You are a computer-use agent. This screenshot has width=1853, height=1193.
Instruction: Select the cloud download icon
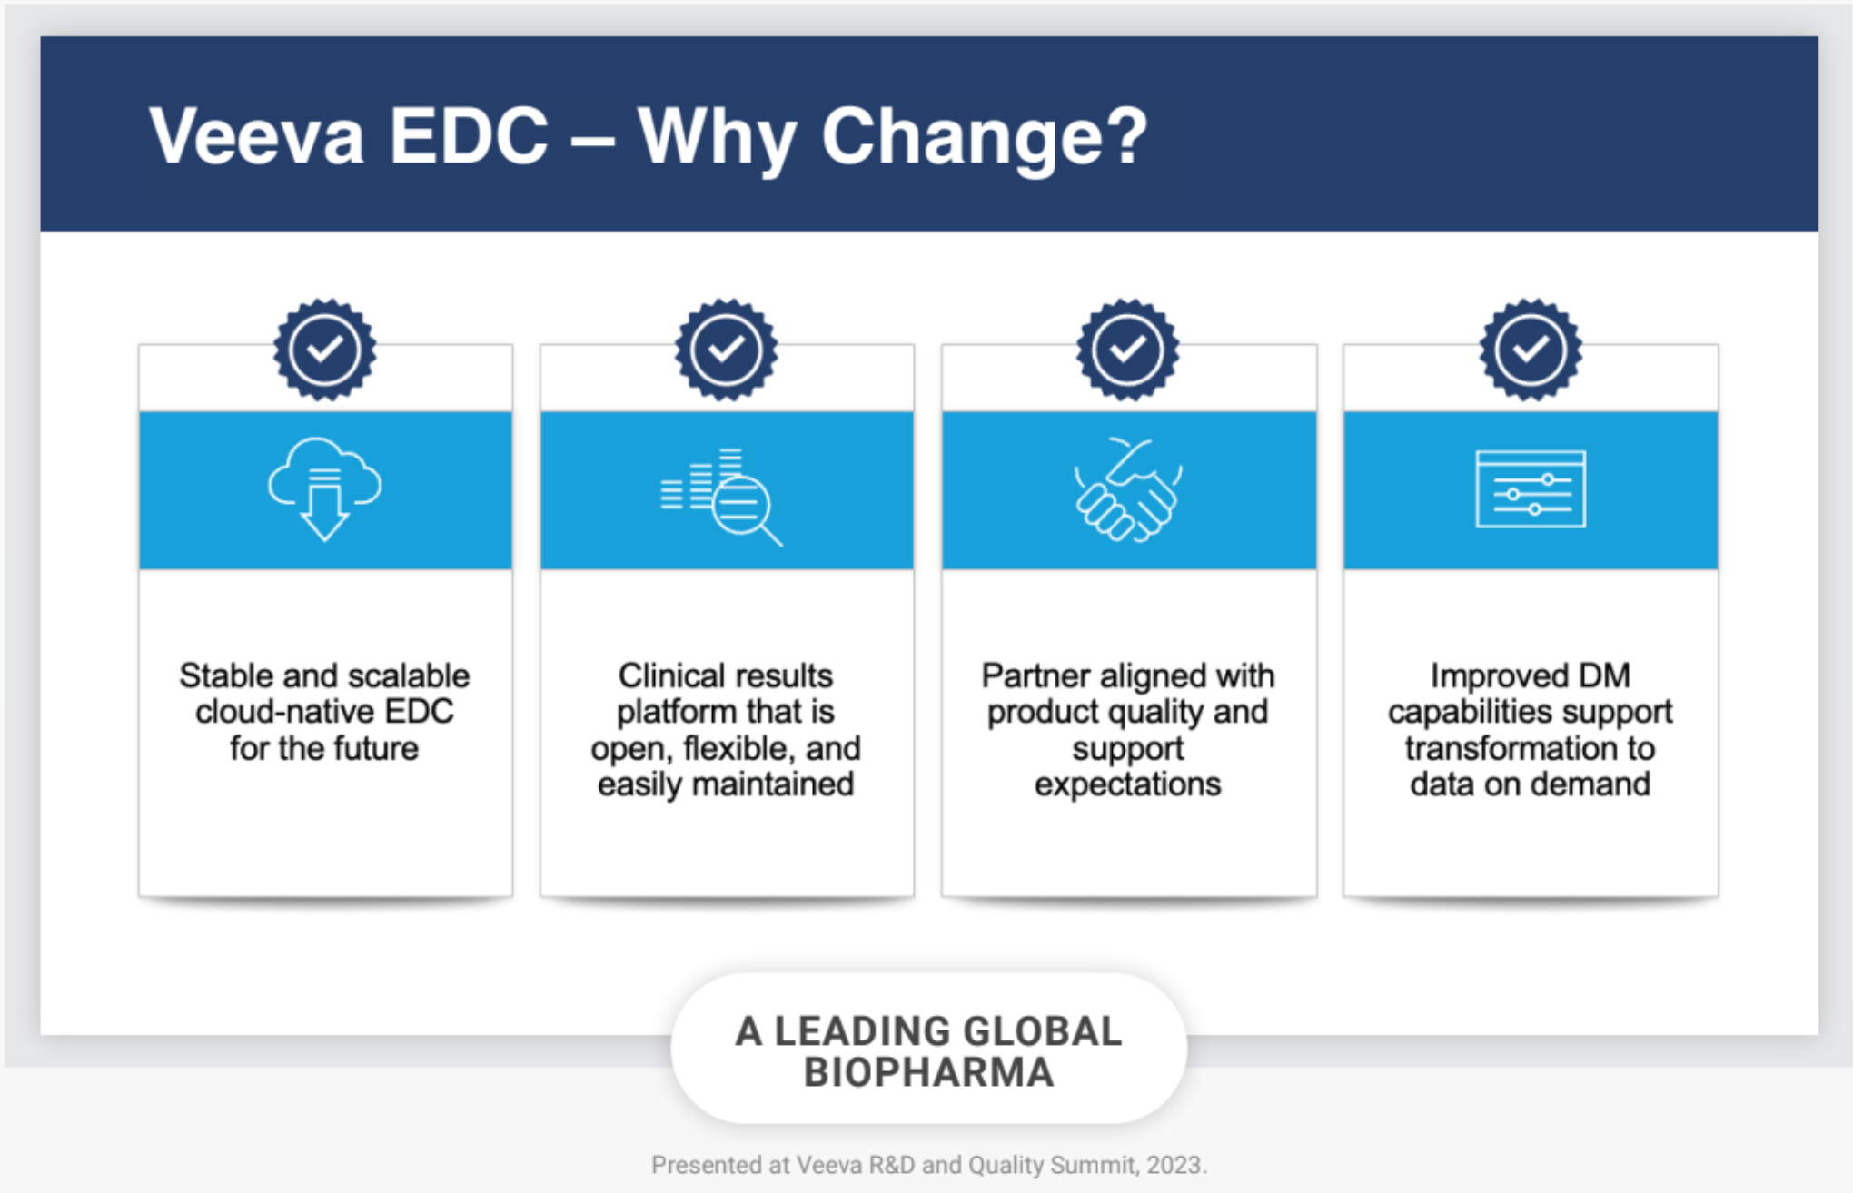[324, 488]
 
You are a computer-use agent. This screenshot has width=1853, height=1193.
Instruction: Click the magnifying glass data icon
[721, 496]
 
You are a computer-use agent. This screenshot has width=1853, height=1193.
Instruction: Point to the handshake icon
[1128, 489]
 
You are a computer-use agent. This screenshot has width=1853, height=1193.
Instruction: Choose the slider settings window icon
[1531, 489]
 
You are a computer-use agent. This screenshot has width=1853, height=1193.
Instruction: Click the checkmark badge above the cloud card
[324, 350]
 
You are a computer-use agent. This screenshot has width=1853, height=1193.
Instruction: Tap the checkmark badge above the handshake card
[1128, 350]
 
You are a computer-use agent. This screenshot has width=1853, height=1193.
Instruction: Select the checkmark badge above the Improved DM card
[1531, 350]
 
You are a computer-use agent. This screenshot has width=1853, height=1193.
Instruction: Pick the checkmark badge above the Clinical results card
[726, 350]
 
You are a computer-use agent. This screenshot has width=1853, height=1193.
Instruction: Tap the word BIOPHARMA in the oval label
[928, 1072]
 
